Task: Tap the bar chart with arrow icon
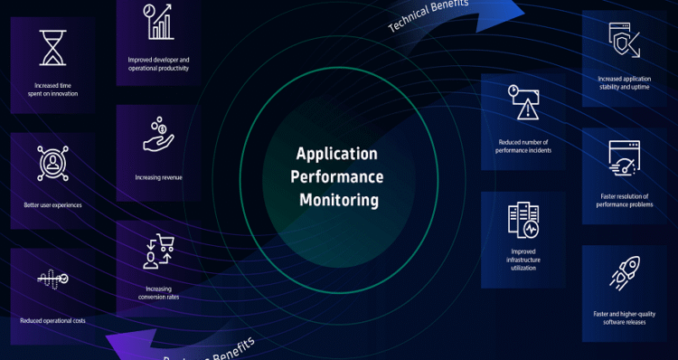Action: pyautogui.click(x=158, y=22)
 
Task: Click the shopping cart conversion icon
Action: pyautogui.click(x=158, y=251)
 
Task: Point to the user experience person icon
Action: pyautogui.click(x=52, y=164)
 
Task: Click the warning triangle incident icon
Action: pyautogui.click(x=523, y=103)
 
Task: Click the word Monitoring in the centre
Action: pyautogui.click(x=338, y=198)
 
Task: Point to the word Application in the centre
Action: pyautogui.click(x=337, y=154)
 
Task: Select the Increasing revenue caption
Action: pyautogui.click(x=158, y=177)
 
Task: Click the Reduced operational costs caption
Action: pyautogui.click(x=52, y=320)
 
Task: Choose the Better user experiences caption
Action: pyautogui.click(x=52, y=205)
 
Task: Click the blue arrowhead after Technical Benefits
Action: pyautogui.click(x=517, y=7)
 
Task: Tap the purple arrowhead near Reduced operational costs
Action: pyautogui.click(x=118, y=342)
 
